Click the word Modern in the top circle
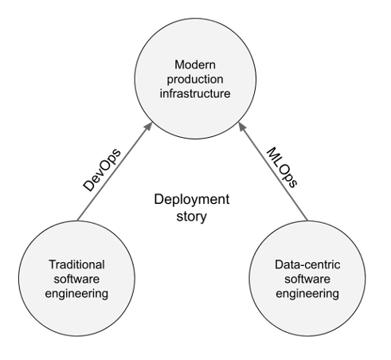pos(195,65)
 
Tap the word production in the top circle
pos(195,80)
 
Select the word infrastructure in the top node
pos(195,93)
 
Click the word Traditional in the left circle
pos(76,264)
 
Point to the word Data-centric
pos(307,264)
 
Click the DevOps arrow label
pos(102,170)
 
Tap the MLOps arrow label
pos(282,167)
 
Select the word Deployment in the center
pos(192,200)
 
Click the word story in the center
pos(192,217)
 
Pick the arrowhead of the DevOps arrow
pos(148,127)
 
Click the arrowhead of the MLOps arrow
pos(243,127)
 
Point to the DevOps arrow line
pos(115,171)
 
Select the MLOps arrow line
pos(273,171)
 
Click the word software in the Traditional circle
pos(76,279)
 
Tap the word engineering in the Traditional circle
pos(76,294)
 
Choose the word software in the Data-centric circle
pos(307,279)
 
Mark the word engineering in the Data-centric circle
pos(307,294)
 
